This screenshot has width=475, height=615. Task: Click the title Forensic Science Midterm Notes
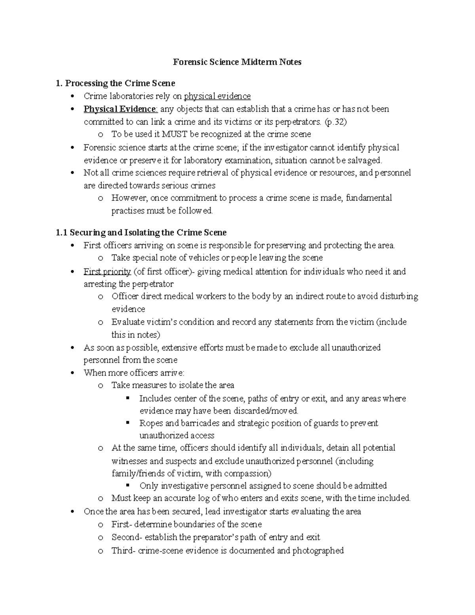pos(237,62)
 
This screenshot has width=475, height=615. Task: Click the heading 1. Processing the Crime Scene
pos(116,83)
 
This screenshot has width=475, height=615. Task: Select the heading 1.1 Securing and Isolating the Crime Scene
pos(141,232)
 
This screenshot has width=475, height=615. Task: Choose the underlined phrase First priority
pos(107,272)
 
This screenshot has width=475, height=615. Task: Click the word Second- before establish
pos(127,537)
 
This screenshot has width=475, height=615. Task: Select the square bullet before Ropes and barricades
pos(127,423)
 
